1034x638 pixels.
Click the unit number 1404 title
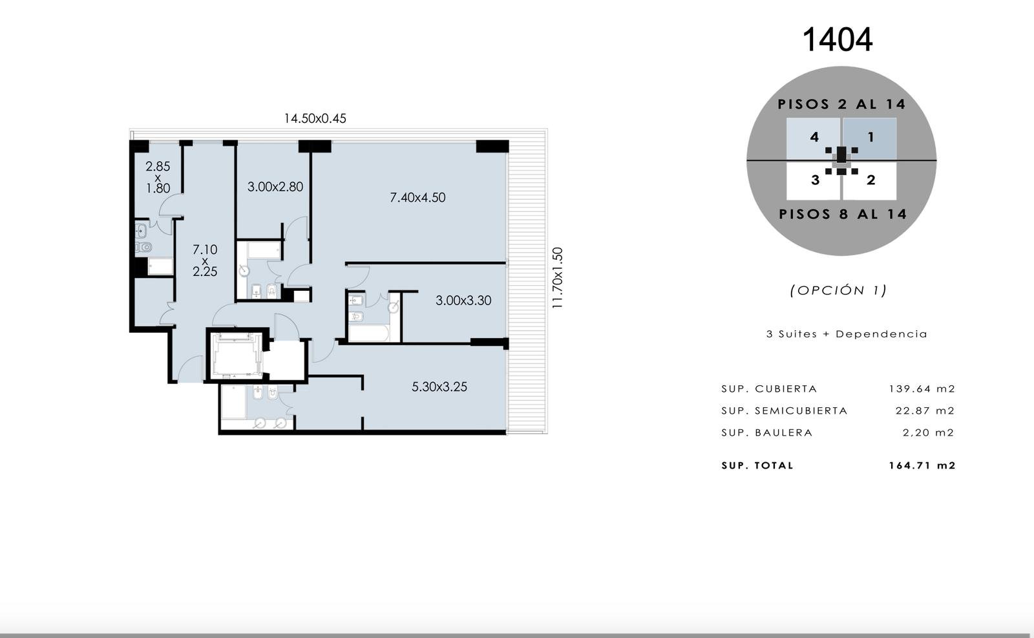tap(838, 39)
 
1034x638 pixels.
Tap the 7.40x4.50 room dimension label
tap(417, 198)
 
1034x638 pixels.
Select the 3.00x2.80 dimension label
tap(275, 187)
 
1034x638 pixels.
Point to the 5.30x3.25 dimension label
tap(439, 387)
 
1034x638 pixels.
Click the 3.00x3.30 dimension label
tap(463, 301)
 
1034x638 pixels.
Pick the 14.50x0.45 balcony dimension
tap(315, 119)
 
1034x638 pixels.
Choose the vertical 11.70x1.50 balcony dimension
tap(558, 278)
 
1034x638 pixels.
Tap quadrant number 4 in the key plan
tap(814, 137)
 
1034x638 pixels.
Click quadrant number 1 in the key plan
tap(870, 137)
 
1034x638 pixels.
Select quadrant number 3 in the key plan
tap(815, 180)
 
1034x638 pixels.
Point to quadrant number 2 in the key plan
tap(871, 180)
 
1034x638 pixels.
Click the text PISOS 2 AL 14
tap(841, 104)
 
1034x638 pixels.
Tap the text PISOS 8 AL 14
tap(843, 214)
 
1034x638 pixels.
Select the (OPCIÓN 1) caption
tap(838, 290)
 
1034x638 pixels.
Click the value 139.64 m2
tap(922, 388)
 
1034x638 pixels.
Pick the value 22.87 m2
tap(925, 410)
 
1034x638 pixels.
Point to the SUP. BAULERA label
tap(766, 432)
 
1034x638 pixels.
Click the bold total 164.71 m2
tap(922, 465)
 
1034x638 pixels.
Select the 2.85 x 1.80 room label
tap(158, 177)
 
